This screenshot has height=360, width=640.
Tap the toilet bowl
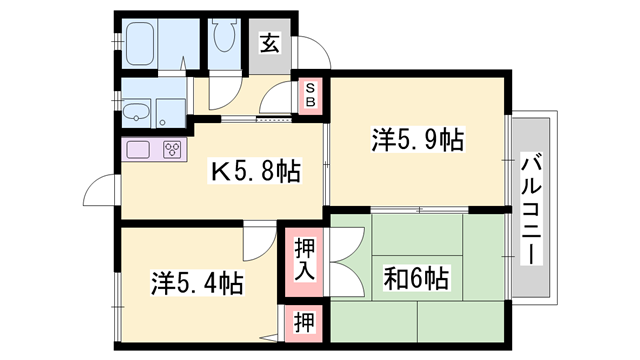tap(222, 41)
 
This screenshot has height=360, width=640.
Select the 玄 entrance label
tap(269, 42)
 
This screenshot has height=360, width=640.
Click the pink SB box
tap(310, 95)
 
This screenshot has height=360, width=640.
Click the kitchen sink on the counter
tap(139, 151)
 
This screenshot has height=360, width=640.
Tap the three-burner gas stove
tap(172, 151)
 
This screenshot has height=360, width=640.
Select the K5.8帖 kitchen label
tap(255, 173)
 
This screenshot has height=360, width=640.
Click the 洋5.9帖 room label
tap(417, 141)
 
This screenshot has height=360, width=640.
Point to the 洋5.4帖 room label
tap(197, 282)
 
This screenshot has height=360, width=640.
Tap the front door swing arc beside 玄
tap(310, 52)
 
